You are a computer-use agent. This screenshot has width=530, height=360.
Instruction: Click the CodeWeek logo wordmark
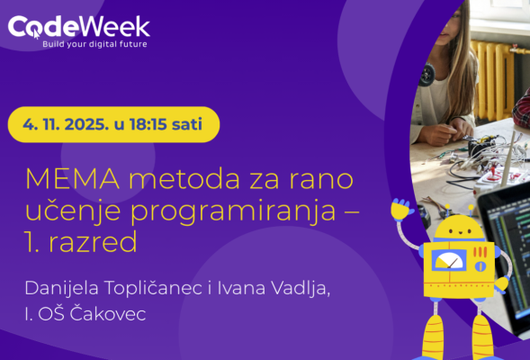click(78, 25)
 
